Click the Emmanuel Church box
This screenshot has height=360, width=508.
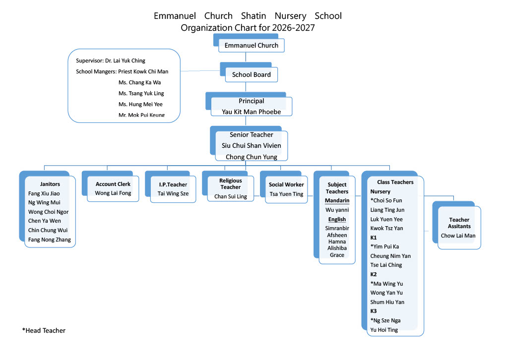pos(252,45)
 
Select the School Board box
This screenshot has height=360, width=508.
pos(252,74)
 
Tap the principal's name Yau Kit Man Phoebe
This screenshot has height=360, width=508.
pos(252,112)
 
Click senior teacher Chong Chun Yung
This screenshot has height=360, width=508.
pos(252,157)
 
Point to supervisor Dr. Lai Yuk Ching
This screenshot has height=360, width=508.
pos(111,60)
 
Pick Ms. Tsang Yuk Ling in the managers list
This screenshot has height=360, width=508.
pos(141,93)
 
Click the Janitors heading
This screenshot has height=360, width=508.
pos(50,184)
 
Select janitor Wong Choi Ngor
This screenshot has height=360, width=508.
pos(48,212)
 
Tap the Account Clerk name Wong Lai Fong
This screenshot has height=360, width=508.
pos(113,193)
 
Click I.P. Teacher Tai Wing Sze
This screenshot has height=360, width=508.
pos(173,193)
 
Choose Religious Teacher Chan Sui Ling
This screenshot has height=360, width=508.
pos(230,196)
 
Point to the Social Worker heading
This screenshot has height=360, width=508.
pos(286,184)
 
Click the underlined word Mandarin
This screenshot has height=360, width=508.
pos(337,200)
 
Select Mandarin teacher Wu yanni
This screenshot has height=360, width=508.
pos(337,210)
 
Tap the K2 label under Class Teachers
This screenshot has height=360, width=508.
pos(374,274)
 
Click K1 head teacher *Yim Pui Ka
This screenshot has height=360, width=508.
pos(384,246)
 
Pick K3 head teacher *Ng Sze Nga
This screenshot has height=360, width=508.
pos(385,320)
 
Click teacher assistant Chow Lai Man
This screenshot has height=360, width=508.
pos(458,236)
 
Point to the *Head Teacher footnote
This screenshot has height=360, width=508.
pos(44,331)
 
